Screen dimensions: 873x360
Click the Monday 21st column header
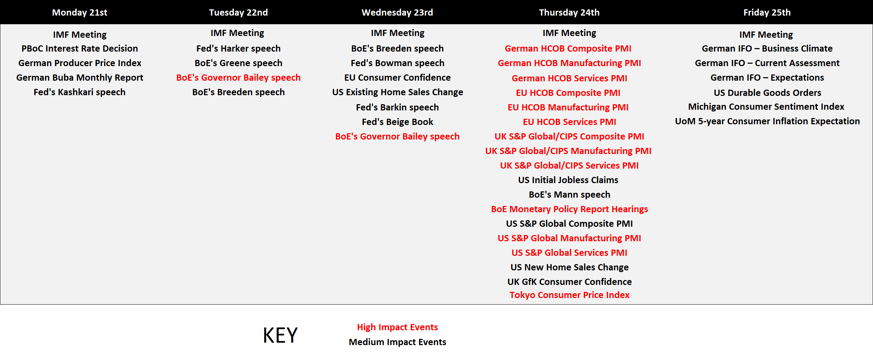80,12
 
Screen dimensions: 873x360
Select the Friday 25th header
767,12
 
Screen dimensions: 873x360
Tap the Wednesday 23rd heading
397,12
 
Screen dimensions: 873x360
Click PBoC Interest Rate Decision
80,48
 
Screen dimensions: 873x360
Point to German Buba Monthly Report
80,78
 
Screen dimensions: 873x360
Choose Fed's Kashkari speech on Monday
80,92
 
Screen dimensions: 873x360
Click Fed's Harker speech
238,48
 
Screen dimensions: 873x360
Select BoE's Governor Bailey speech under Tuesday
238,78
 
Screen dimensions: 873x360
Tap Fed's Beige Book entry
398,122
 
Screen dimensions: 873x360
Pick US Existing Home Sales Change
398,92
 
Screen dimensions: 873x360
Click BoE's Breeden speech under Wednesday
398,48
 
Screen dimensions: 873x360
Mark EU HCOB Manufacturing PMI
568,107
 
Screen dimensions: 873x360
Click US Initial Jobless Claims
568,180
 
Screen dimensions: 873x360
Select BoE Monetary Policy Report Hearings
569,209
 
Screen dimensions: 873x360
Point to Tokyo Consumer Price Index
569,295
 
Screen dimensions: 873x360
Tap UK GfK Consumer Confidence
569,282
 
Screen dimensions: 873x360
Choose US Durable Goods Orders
767,93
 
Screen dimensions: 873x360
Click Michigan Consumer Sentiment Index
766,107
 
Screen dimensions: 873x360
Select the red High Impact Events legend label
398,327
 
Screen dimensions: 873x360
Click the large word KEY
280,335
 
